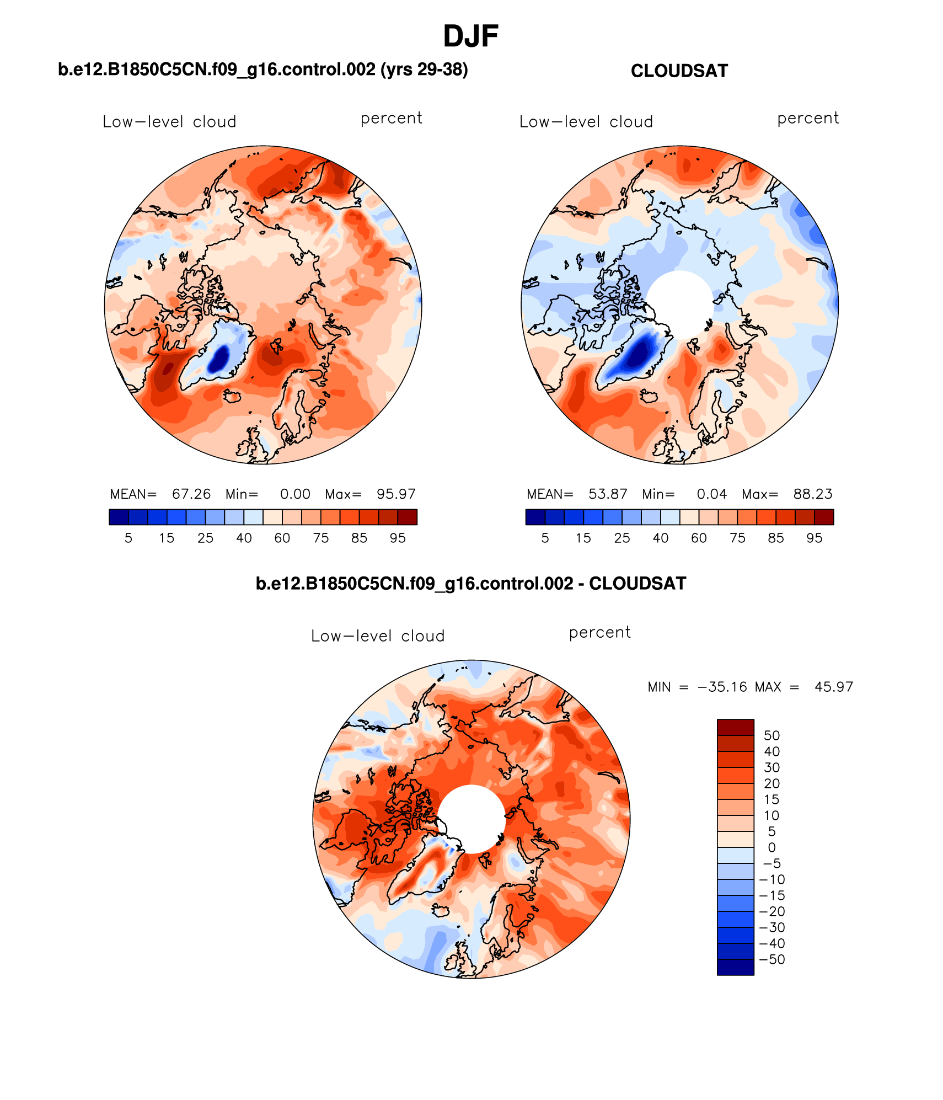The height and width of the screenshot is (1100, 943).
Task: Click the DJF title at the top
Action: coord(470,36)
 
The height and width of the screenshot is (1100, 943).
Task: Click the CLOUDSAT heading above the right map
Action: coord(679,71)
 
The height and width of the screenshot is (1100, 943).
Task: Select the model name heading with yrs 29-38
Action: coord(262,70)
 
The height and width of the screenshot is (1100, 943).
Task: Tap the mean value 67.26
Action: coord(191,494)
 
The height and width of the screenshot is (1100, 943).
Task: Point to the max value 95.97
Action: coord(396,494)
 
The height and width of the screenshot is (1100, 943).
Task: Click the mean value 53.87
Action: coord(608,494)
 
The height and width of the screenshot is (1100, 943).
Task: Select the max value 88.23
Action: coord(812,494)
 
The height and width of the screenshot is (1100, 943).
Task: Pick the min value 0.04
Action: coord(711,494)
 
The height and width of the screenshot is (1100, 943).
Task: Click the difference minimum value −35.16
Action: coord(722,687)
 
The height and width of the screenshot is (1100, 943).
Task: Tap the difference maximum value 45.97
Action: coord(833,687)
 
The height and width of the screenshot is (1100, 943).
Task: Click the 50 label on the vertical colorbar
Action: coord(771,735)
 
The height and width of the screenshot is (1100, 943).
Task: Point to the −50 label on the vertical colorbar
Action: coord(771,959)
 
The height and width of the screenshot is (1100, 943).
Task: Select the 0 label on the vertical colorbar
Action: coord(771,847)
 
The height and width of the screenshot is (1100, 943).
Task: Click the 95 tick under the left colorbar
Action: coord(398,538)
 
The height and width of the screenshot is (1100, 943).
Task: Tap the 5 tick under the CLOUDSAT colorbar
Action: coord(545,538)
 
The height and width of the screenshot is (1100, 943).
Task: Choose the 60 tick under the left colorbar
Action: coord(282,538)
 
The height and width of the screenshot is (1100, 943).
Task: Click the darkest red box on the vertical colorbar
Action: coord(735,727)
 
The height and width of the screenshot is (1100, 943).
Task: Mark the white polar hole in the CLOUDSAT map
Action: coord(679,304)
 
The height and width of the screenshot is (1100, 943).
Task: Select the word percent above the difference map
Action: coord(599,632)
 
